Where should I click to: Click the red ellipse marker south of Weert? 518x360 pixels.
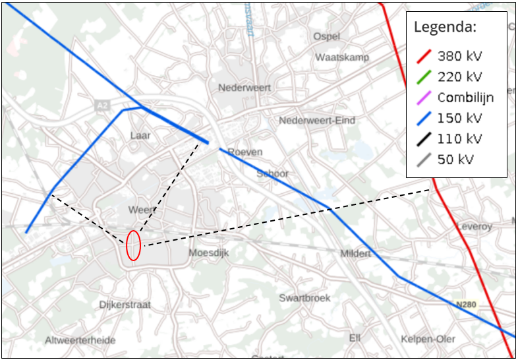(x=133, y=245)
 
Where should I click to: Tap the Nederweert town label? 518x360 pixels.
(x=245, y=87)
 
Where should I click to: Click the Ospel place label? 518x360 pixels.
(x=327, y=36)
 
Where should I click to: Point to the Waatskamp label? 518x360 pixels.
(x=342, y=57)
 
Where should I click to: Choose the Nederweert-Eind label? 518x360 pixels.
(x=317, y=120)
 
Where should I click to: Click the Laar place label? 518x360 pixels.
(x=140, y=135)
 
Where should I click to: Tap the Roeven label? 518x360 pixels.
(x=245, y=152)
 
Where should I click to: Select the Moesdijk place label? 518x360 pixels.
(x=208, y=253)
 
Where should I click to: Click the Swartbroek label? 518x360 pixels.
(x=304, y=298)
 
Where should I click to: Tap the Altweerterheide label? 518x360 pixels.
(x=80, y=340)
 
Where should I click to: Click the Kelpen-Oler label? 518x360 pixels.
(x=428, y=339)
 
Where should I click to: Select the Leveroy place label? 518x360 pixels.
(x=475, y=226)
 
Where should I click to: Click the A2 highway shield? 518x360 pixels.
(x=101, y=105)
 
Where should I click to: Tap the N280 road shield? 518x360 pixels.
(x=466, y=305)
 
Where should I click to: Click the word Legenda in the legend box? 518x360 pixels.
(x=445, y=28)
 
